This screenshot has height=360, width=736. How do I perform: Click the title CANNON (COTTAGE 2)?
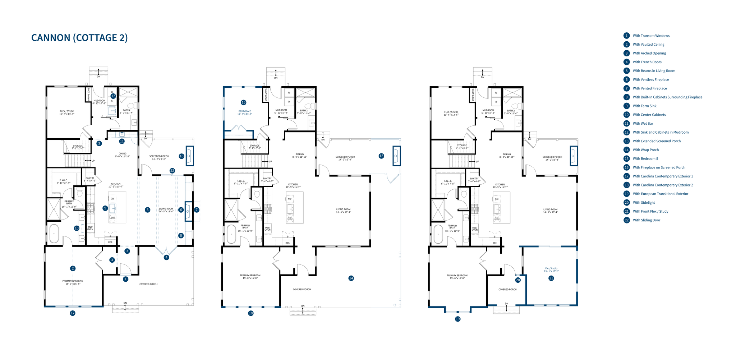(79, 38)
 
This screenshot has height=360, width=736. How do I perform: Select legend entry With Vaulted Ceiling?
(648, 45)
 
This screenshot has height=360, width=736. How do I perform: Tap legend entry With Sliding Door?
(646, 220)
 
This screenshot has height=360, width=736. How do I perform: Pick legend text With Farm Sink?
(644, 106)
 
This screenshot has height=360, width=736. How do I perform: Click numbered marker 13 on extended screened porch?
(381, 156)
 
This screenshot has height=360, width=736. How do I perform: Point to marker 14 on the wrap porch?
(351, 278)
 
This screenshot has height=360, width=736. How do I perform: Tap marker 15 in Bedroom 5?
(244, 102)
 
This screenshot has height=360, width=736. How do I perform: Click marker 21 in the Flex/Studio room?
(551, 278)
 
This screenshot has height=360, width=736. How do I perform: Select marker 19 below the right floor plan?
(457, 319)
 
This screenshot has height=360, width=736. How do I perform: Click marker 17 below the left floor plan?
(73, 313)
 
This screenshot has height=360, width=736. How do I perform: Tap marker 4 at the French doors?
(166, 257)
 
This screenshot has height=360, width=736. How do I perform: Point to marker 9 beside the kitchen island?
(105, 208)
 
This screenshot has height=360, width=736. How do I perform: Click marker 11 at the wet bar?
(122, 141)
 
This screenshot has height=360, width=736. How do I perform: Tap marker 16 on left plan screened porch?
(181, 156)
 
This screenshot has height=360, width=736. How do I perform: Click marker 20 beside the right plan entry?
(518, 280)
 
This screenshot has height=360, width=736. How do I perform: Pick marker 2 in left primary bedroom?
(73, 268)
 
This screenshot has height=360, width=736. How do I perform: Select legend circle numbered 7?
(626, 88)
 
